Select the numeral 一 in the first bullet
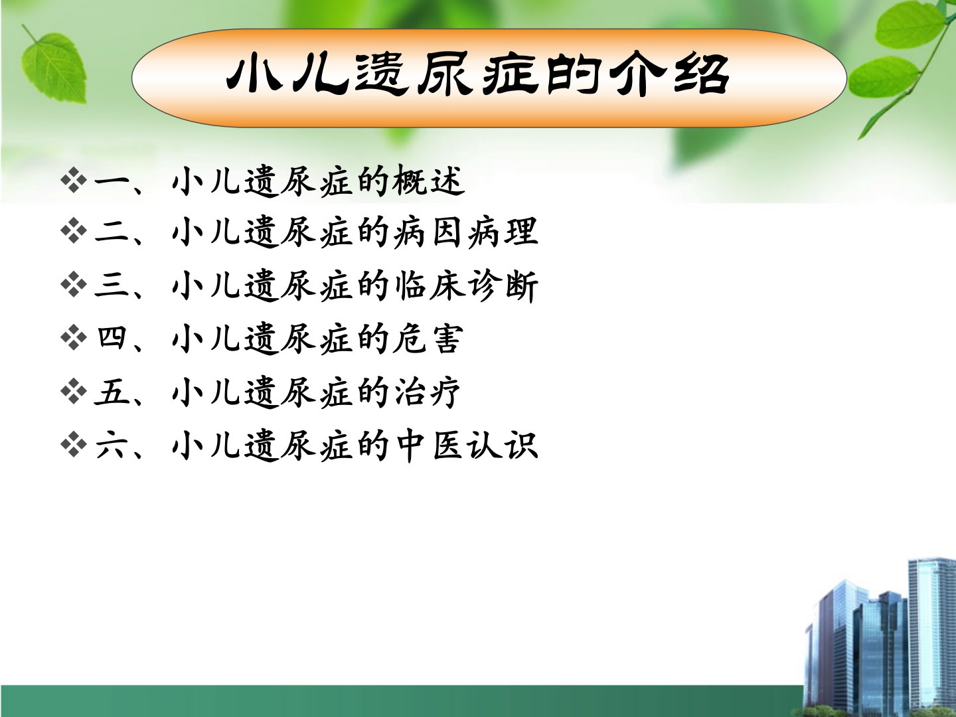click(112, 183)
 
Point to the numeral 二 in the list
click(112, 233)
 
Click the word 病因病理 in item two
click(465, 233)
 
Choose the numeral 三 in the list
click(112, 285)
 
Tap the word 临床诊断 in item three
click(466, 285)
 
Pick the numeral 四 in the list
click(112, 338)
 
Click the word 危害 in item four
click(428, 339)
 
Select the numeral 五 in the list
click(112, 392)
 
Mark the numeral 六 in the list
click(112, 445)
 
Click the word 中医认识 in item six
click(466, 445)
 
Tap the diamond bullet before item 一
click(74, 181)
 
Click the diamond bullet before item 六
click(74, 444)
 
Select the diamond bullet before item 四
click(74, 338)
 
